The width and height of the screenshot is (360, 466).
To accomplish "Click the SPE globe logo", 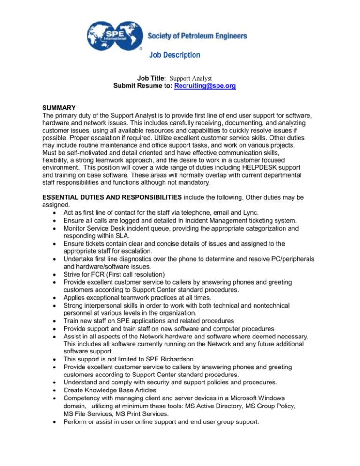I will (x=113, y=34).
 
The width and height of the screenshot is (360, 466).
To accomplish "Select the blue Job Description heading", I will (x=175, y=55).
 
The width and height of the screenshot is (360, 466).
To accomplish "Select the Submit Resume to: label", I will (x=143, y=88).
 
